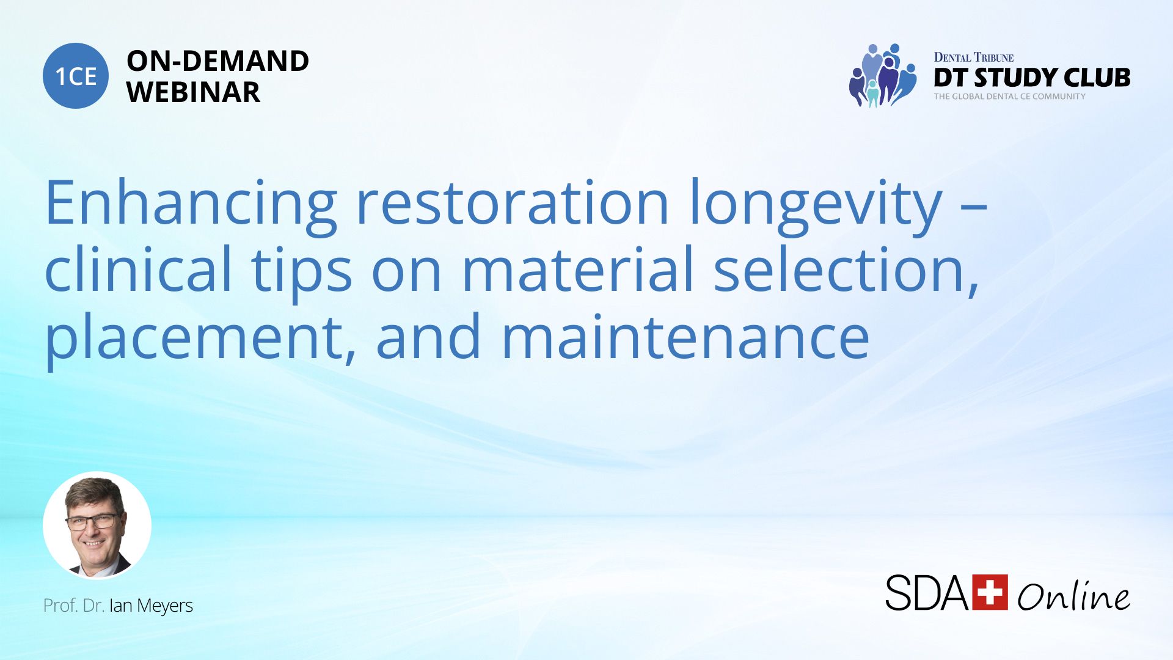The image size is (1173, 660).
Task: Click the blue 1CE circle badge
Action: pos(76,76)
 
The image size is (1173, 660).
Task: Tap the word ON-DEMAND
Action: pos(217,61)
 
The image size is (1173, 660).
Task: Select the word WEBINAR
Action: pos(193,92)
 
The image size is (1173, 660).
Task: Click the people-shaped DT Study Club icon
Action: pos(883,75)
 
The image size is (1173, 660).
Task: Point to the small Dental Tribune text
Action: pos(974,57)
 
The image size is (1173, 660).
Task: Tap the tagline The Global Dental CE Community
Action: pos(1009,97)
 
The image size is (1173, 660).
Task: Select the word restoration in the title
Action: pos(513,203)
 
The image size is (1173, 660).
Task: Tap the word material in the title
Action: pos(579,269)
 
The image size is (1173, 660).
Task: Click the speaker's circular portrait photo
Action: pos(97,526)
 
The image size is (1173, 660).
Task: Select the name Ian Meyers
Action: pos(151,606)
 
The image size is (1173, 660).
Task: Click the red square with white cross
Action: pos(990,592)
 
